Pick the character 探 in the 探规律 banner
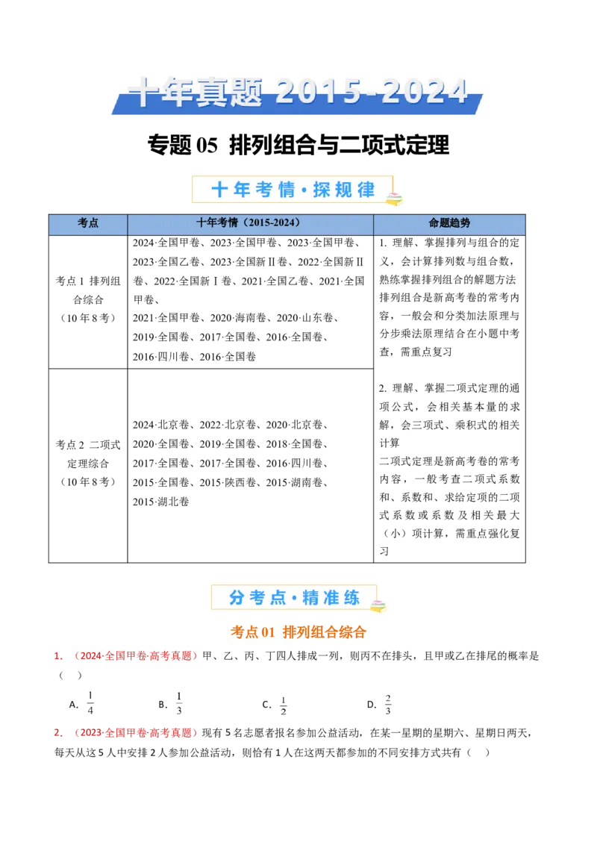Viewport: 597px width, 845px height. pos(321,190)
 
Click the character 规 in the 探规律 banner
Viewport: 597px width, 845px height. pos(343,190)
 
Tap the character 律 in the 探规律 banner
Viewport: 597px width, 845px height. pos(366,190)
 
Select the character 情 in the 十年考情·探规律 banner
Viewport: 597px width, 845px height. pos(287,190)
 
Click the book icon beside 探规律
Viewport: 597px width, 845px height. pos(393,198)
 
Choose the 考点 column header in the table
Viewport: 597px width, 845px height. pos(88,223)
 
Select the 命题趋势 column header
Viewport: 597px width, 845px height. pos(449,223)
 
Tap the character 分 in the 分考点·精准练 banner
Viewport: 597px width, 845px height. pos(237,598)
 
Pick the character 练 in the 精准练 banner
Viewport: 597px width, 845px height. pos(351,598)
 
